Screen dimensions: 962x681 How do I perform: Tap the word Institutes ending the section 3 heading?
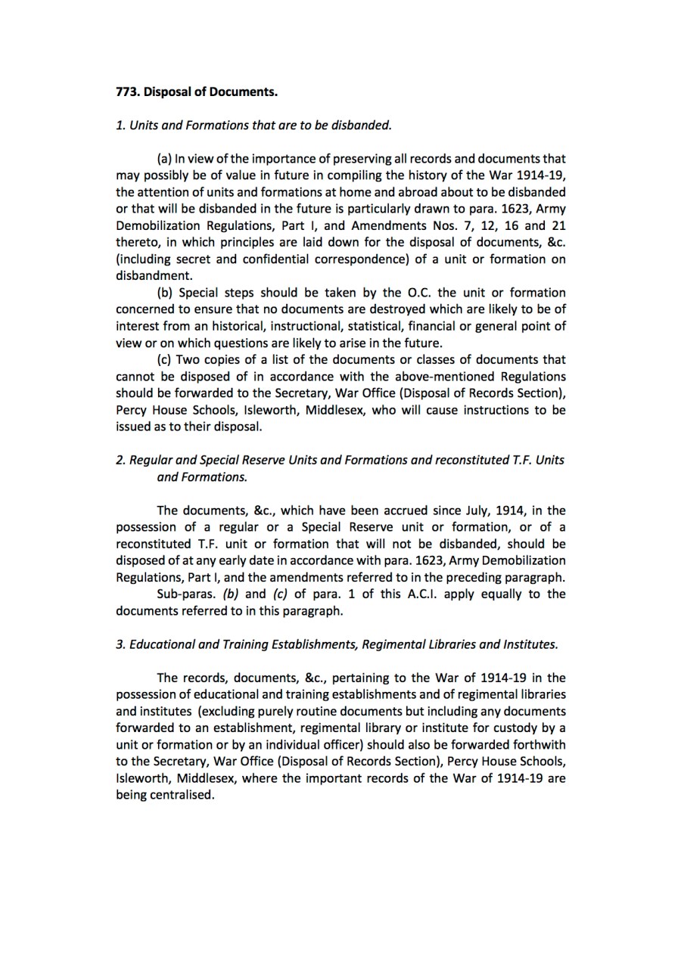[529, 644]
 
